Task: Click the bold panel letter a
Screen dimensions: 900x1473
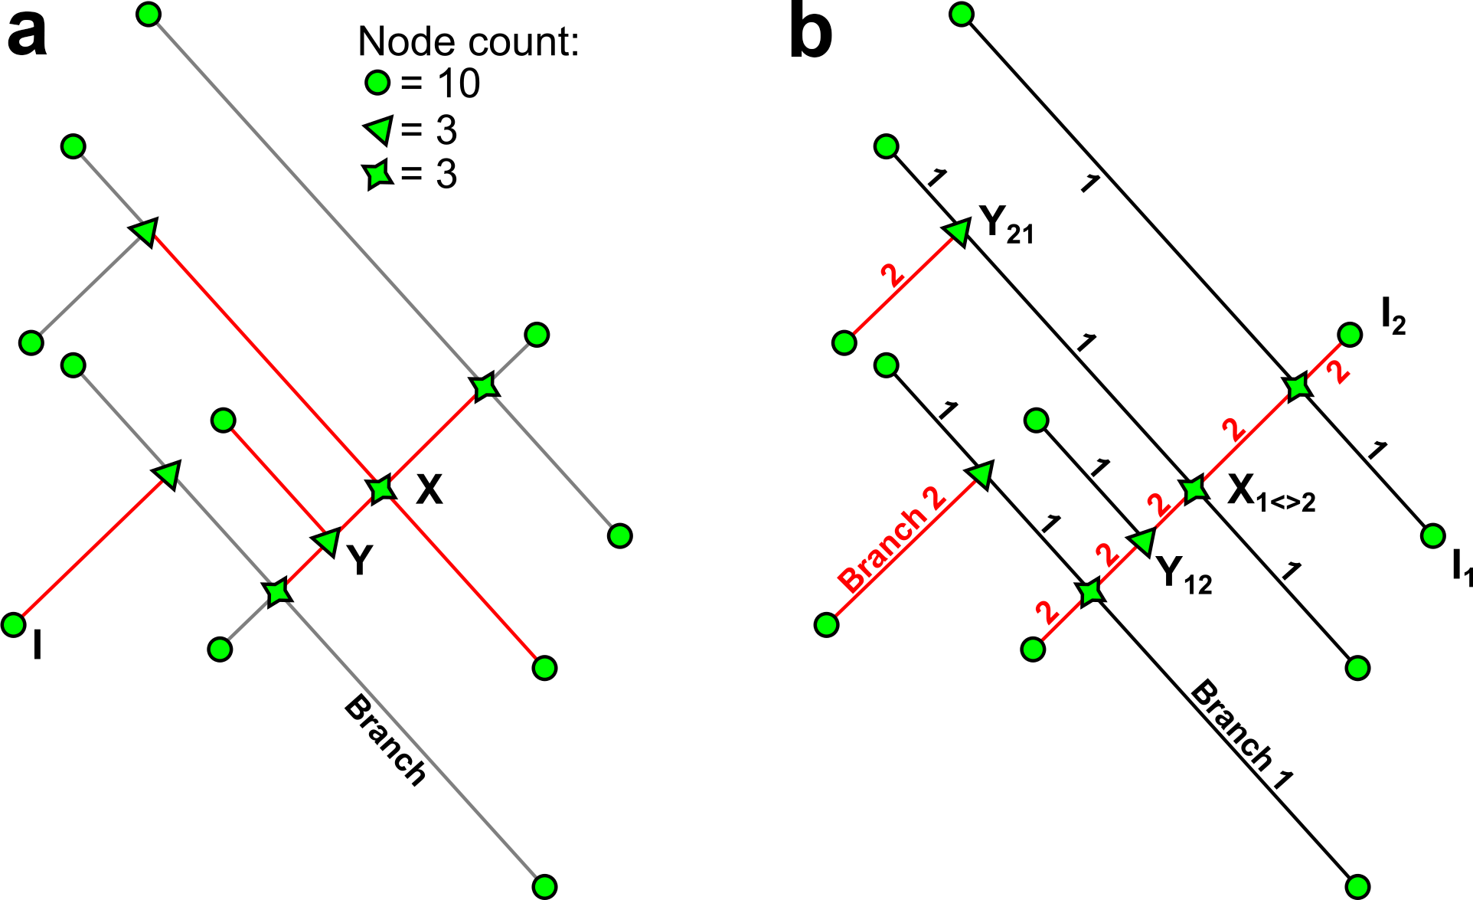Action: coord(28,34)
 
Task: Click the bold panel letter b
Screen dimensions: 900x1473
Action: coord(810,34)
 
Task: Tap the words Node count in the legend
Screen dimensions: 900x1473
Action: coord(468,41)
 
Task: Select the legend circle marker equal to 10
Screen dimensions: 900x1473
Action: coord(377,82)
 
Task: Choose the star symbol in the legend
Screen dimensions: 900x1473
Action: coord(378,174)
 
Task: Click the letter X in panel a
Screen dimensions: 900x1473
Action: coord(429,489)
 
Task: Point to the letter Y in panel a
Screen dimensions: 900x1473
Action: coord(360,560)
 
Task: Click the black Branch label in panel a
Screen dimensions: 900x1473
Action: coord(385,740)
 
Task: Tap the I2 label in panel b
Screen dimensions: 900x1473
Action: coord(1393,317)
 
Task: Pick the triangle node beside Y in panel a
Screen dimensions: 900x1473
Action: coord(328,541)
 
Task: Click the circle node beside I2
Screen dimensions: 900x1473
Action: coord(1350,335)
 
